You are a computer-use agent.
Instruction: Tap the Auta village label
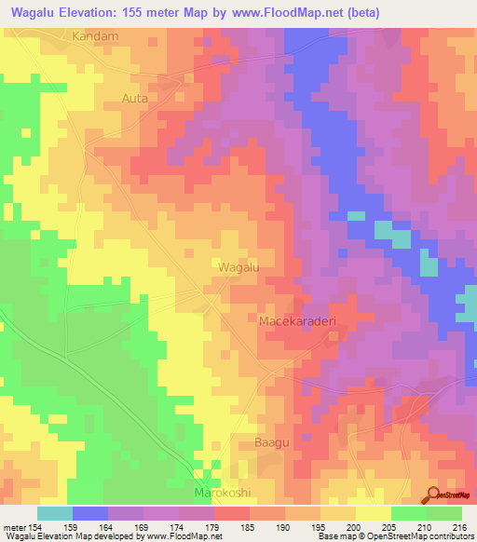[x=135, y=96]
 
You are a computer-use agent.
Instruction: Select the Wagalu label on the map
[x=238, y=267]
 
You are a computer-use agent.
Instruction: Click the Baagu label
[x=271, y=442]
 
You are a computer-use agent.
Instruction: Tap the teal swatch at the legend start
[x=55, y=513]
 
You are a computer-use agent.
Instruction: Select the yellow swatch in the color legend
[x=373, y=513]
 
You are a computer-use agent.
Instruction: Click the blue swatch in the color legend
[x=90, y=513]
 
